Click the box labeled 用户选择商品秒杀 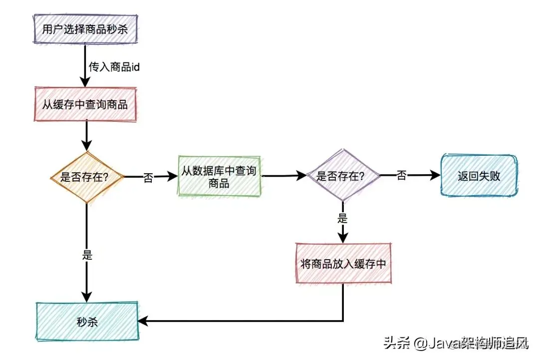click(x=85, y=29)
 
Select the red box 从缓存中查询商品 click(x=85, y=105)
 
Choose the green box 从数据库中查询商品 click(x=219, y=177)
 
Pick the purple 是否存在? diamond click(x=342, y=176)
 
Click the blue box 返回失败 click(x=479, y=176)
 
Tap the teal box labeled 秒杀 click(x=87, y=321)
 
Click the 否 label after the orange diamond click(x=148, y=177)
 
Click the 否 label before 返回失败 click(x=402, y=175)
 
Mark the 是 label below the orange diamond click(x=87, y=255)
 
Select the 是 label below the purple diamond click(x=342, y=218)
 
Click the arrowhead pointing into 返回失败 click(x=436, y=175)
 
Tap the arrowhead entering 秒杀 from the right click(x=143, y=321)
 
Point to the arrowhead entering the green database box click(x=174, y=176)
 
